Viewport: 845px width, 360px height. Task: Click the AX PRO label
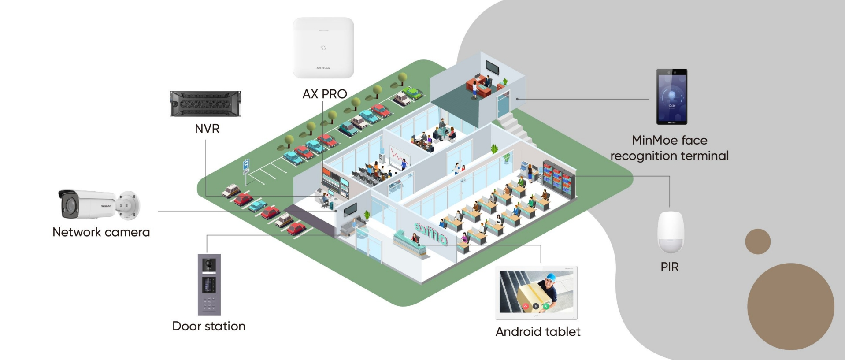324,94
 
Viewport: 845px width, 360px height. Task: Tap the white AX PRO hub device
323,48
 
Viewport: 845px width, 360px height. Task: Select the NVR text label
207,129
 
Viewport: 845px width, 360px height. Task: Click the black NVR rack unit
205,104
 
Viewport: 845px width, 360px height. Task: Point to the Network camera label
101,232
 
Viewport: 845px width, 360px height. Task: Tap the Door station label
208,326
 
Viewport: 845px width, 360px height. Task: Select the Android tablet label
537,332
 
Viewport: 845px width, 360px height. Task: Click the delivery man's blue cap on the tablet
550,277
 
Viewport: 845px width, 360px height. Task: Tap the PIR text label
669,267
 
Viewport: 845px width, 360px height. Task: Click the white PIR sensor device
670,232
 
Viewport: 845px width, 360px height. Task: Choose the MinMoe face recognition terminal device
671,96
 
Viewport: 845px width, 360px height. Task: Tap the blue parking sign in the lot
246,164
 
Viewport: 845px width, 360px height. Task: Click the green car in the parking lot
412,93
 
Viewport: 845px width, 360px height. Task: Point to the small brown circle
757,241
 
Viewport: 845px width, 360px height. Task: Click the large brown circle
790,307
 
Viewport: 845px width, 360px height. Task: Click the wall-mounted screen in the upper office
492,67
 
